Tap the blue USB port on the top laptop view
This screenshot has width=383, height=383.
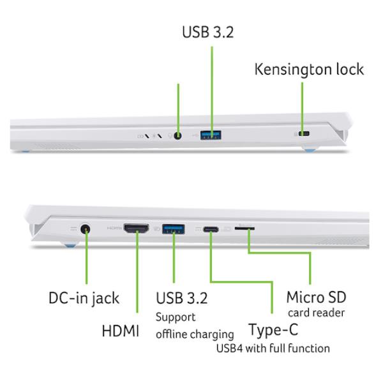211,135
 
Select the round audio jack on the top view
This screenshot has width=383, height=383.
178,135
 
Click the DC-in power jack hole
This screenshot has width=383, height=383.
86,229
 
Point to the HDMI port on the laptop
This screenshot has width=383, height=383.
137,229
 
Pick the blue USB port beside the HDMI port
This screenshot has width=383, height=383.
174,229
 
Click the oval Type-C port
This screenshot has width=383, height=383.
211,229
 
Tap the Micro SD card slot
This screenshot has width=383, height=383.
244,229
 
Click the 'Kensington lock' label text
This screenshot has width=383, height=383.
309,70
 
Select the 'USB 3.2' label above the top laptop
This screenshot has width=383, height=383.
208,32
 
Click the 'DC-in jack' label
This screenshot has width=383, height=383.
84,299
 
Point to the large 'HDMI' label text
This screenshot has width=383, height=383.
121,331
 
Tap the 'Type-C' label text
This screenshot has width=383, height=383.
273,330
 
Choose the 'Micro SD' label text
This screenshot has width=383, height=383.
317,297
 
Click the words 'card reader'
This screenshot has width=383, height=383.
317,313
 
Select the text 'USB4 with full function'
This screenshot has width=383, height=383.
273,348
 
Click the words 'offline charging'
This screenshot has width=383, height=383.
195,334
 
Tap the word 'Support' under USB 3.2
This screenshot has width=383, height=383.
176,317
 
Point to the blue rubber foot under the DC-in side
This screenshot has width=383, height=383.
70,244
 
